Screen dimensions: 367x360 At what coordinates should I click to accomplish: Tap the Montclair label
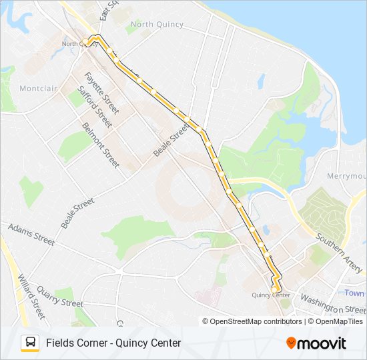point(39,89)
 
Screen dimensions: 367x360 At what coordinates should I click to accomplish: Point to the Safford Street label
point(95,107)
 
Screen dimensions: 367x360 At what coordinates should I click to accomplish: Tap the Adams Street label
point(31,234)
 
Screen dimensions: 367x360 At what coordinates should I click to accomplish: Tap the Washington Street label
point(333,304)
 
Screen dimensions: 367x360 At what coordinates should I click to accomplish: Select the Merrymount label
point(346,176)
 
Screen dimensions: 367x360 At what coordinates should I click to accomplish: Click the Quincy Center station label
point(271,295)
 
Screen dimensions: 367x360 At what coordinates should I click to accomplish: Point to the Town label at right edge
point(355,293)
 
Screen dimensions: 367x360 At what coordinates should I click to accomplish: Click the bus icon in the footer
point(30,343)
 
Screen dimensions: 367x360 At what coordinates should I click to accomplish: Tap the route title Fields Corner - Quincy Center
point(113,343)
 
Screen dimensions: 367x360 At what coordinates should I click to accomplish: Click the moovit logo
point(316,343)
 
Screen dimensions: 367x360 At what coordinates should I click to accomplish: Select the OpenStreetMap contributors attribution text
point(252,321)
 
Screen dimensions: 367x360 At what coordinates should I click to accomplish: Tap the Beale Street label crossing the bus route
point(171,143)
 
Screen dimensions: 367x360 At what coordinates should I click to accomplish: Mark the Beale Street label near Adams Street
point(77,213)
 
